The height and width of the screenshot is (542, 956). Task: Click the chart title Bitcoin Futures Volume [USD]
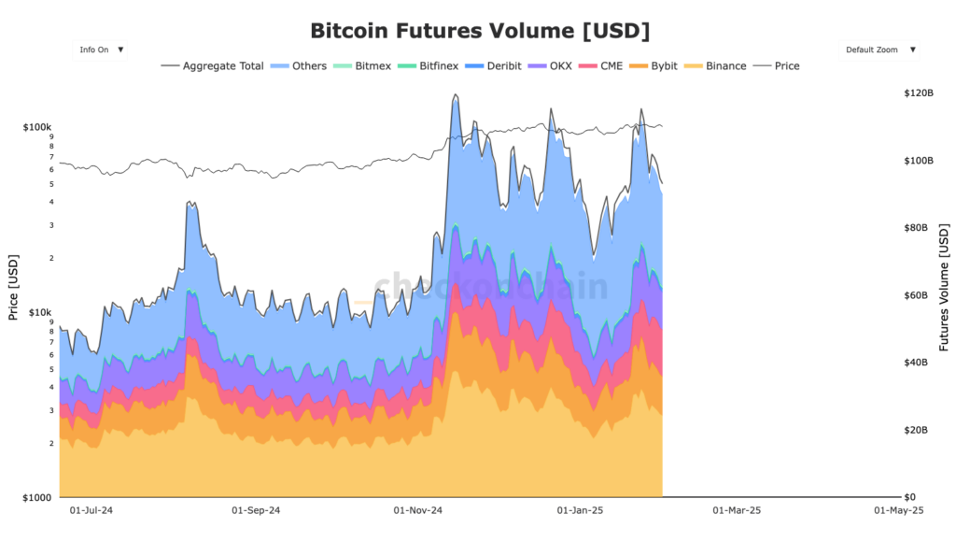pyautogui.click(x=479, y=30)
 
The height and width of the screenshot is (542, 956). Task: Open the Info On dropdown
pyautogui.click(x=100, y=50)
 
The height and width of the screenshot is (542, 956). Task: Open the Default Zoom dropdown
pyautogui.click(x=879, y=50)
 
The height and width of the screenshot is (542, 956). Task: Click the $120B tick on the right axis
pyautogui.click(x=919, y=93)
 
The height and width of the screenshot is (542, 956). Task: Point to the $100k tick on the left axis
pyautogui.click(x=38, y=126)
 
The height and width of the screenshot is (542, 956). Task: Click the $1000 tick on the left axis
pyautogui.click(x=38, y=497)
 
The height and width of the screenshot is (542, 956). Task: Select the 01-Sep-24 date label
pyautogui.click(x=256, y=511)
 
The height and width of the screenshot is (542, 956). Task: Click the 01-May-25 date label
pyautogui.click(x=898, y=511)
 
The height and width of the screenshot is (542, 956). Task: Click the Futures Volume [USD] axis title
pyautogui.click(x=944, y=288)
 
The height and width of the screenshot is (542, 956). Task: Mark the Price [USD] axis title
pyautogui.click(x=13, y=286)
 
